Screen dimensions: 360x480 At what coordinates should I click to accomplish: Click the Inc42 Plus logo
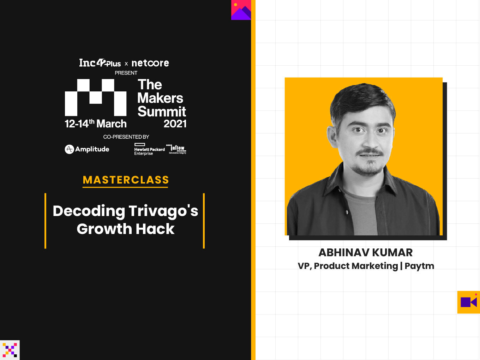100,63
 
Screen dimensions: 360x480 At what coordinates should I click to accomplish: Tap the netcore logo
150,63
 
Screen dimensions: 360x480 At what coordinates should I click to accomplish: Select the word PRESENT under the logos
126,73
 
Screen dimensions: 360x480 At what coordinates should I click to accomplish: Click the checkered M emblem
96,97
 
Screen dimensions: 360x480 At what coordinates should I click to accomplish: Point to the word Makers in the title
160,98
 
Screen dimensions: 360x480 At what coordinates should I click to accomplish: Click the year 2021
175,124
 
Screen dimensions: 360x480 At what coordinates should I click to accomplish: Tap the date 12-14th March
95,124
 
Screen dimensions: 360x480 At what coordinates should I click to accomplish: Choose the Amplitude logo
87,149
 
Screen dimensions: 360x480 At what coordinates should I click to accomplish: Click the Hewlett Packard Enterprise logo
149,149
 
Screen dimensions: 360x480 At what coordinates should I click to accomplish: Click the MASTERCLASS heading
126,180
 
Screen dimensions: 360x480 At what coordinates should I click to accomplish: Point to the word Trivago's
163,211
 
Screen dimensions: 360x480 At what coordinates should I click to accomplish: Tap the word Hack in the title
155,229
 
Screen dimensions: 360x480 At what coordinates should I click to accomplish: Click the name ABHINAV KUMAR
366,253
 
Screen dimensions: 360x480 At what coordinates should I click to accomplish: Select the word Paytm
419,266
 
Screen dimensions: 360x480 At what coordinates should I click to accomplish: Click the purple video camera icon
469,302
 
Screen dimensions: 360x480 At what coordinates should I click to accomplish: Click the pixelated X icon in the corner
10,350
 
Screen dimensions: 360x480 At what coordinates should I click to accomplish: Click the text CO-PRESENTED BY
126,137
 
